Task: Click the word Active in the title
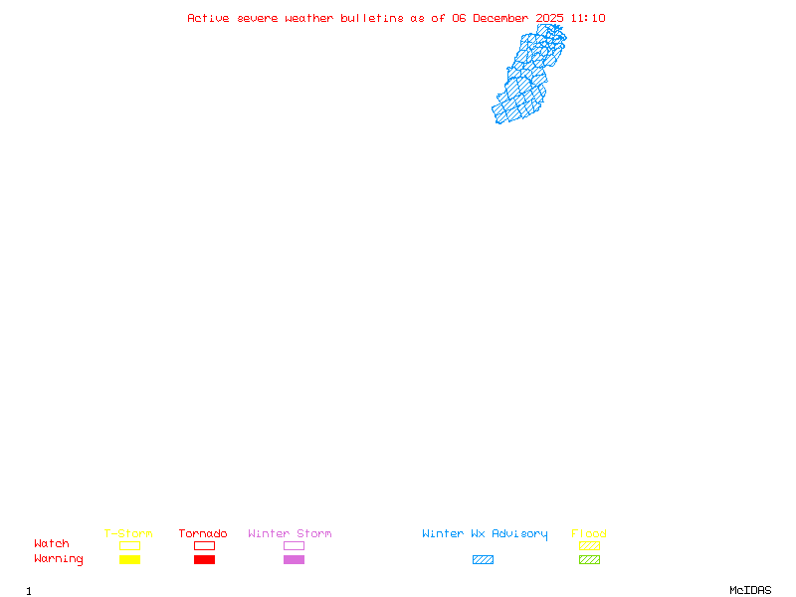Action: [x=209, y=18]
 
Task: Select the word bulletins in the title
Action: [x=372, y=18]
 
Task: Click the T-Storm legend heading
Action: [x=128, y=534]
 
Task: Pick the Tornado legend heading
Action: [x=203, y=534]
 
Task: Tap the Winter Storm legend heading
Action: [x=290, y=534]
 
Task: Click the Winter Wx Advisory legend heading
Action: [x=485, y=534]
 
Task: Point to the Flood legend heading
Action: [x=589, y=534]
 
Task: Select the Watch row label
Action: [x=52, y=544]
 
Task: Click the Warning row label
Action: [x=59, y=559]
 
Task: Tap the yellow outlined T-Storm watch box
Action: [x=129, y=545]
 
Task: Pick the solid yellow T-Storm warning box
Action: [x=129, y=559]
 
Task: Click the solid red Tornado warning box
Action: [x=204, y=559]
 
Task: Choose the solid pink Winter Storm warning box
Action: [x=294, y=559]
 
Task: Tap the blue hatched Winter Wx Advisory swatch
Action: [x=483, y=559]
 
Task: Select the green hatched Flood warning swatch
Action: [x=589, y=559]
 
